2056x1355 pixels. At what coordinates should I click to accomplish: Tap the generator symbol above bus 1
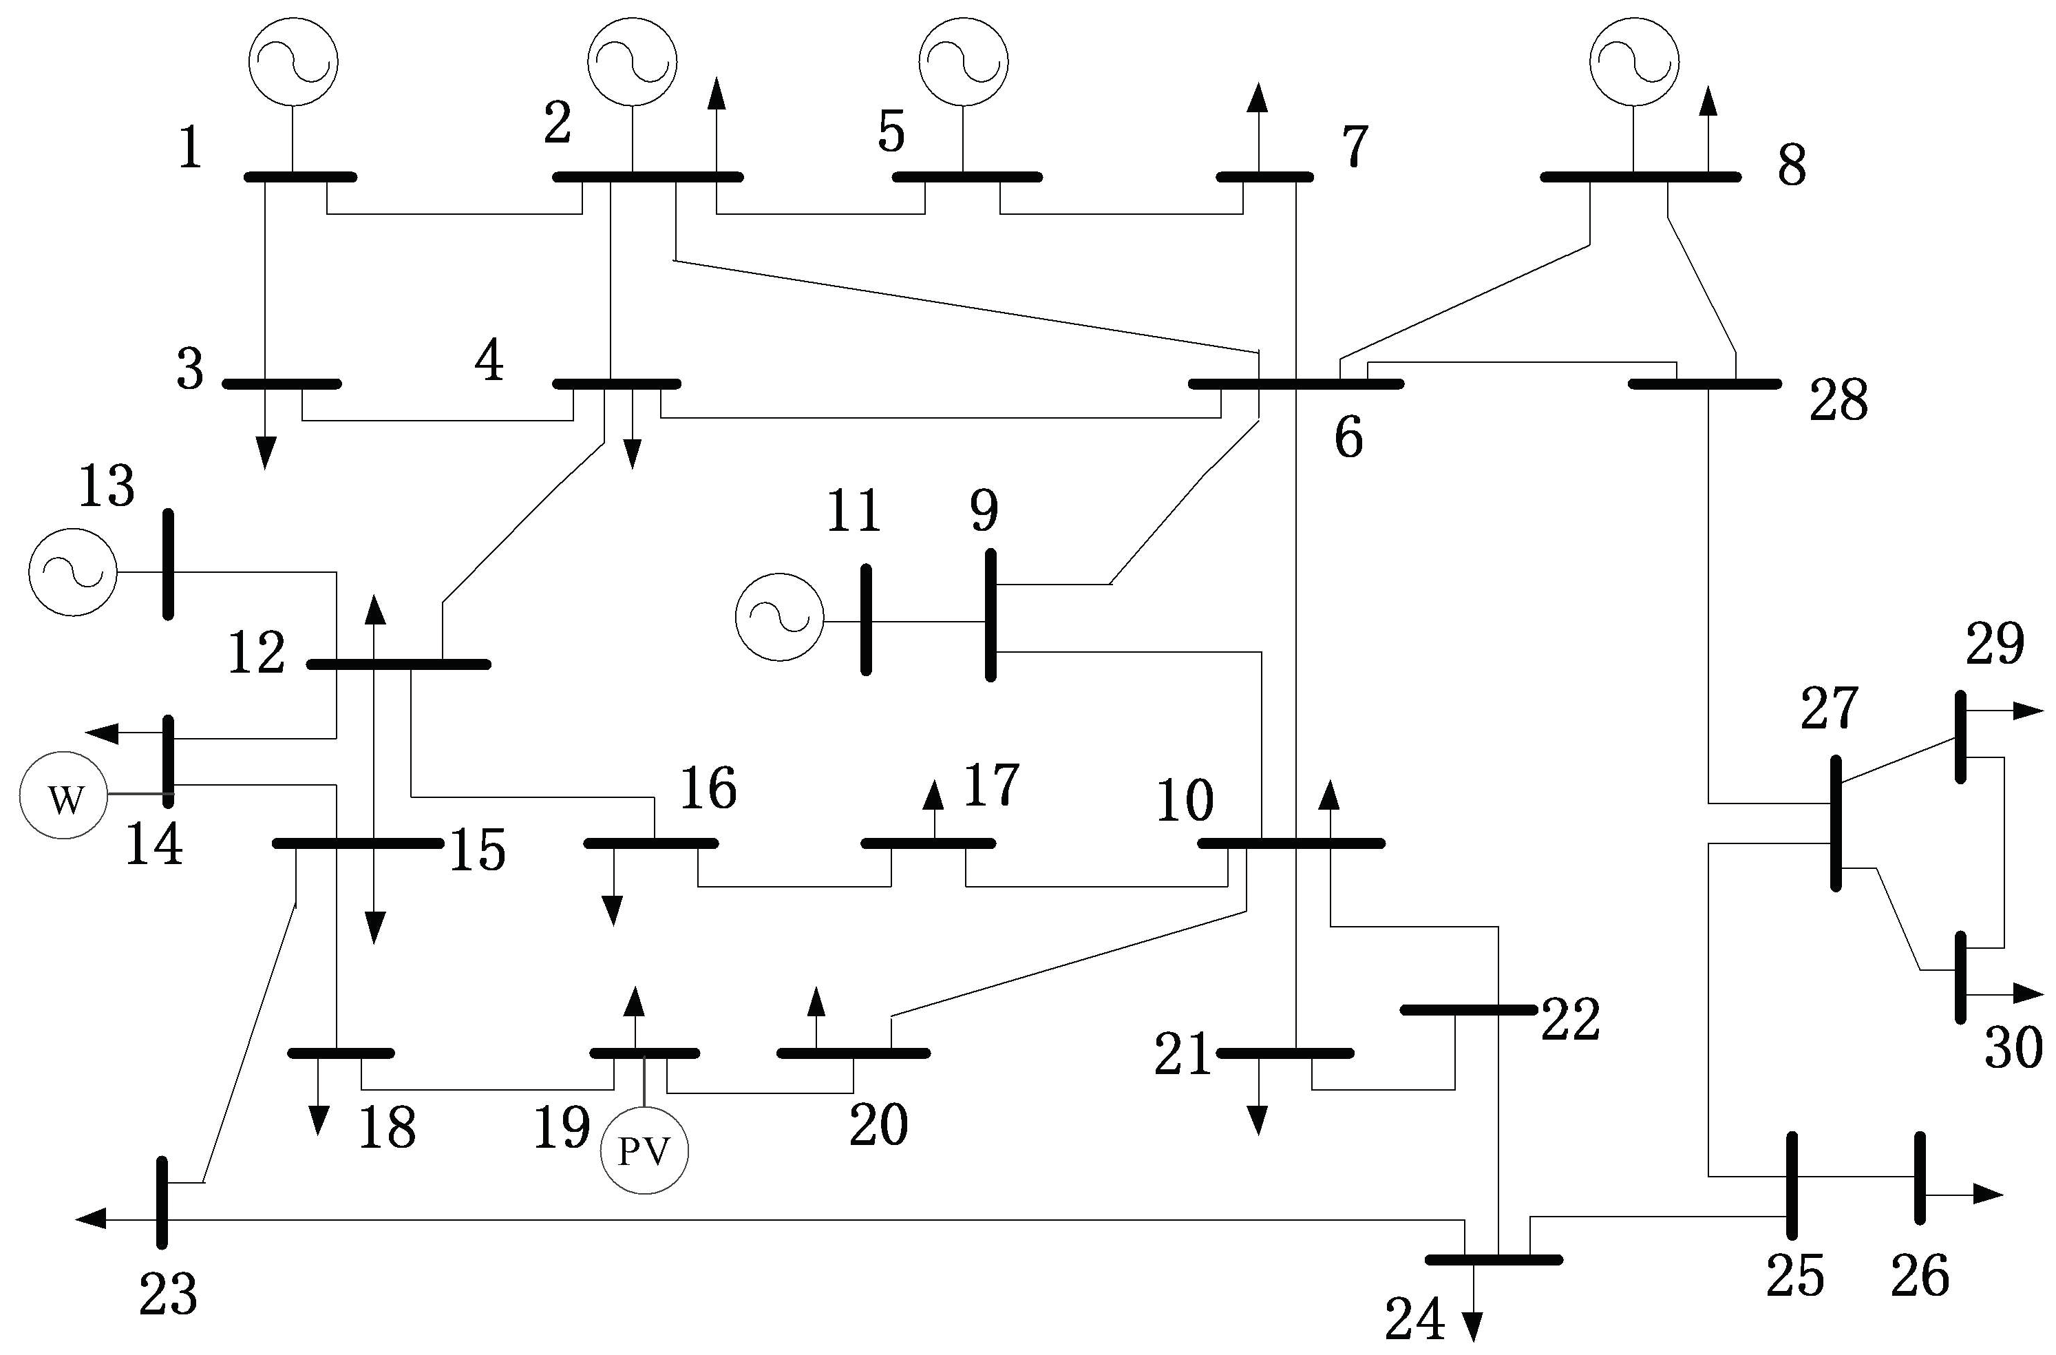point(293,62)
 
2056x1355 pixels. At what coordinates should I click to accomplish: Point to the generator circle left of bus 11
point(779,617)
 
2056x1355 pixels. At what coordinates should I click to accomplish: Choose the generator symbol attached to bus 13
point(72,572)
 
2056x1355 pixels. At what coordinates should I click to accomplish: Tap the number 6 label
point(1348,438)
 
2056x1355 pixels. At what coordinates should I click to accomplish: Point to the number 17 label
point(991,785)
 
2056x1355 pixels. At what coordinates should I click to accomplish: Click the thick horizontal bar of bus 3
point(282,384)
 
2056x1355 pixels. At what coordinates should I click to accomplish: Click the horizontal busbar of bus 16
point(650,843)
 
